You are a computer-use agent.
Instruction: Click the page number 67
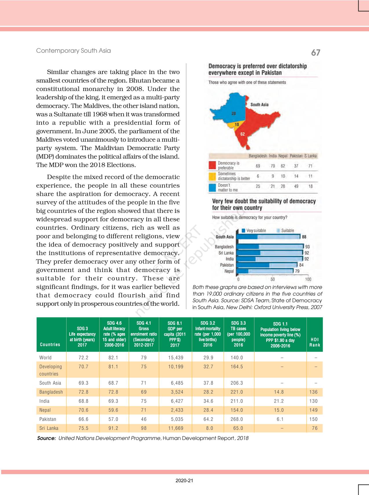(x=315, y=52)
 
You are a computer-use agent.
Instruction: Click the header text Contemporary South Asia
(x=73, y=51)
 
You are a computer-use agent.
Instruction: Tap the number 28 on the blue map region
(x=234, y=114)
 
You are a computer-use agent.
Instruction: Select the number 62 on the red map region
(x=243, y=134)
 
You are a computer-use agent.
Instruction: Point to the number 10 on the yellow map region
(x=237, y=125)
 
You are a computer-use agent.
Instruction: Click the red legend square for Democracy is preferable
(x=212, y=165)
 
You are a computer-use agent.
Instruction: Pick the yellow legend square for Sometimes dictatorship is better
(x=212, y=176)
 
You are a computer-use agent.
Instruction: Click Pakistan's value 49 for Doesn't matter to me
(x=296, y=186)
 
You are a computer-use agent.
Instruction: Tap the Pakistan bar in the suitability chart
(x=268, y=265)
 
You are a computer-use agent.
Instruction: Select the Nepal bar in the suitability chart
(x=265, y=271)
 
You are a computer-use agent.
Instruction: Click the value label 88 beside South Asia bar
(x=304, y=237)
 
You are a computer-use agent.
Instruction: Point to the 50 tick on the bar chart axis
(x=273, y=280)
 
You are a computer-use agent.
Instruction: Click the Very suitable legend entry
(x=254, y=231)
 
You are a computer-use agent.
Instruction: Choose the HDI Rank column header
(x=315, y=342)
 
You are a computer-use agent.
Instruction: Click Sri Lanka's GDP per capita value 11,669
(x=176, y=428)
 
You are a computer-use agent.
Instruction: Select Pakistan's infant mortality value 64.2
(x=208, y=419)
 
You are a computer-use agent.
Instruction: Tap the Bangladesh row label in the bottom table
(x=51, y=392)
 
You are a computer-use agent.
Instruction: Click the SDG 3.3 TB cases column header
(x=238, y=334)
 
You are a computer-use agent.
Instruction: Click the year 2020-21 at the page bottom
(x=184, y=481)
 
